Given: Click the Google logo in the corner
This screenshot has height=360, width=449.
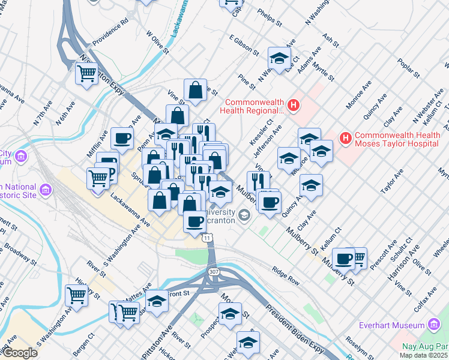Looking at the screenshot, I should (x=20, y=353).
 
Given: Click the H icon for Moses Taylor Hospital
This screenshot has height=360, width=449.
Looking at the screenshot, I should (x=345, y=139).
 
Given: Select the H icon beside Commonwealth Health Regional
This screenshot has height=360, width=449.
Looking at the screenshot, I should (x=293, y=106).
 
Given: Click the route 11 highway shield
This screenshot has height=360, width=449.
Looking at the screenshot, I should (x=208, y=238).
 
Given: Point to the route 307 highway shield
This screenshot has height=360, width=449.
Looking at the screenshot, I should (x=214, y=272).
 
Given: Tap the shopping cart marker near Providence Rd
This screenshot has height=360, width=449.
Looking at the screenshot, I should (x=87, y=74).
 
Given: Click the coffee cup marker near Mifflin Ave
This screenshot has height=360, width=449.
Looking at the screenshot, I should (x=121, y=138).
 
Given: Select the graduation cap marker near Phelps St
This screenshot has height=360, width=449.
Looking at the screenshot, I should (x=279, y=58).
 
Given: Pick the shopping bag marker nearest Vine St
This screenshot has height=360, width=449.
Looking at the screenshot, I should (x=195, y=91).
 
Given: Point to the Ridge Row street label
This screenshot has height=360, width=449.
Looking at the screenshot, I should (x=285, y=275).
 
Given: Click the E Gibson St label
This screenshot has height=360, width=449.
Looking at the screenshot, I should (x=244, y=46).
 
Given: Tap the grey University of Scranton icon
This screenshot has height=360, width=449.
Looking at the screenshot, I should (x=244, y=214).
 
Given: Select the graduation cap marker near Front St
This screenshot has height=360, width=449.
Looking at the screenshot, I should (x=157, y=301).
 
